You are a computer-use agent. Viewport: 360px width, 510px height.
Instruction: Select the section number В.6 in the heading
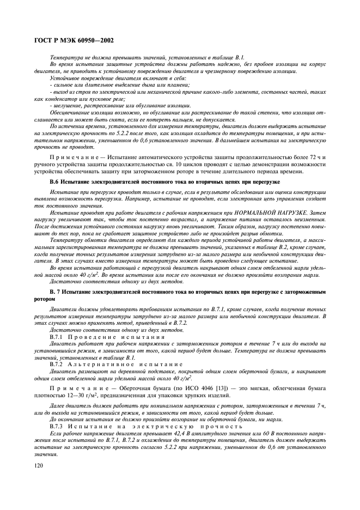tap(54, 180)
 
